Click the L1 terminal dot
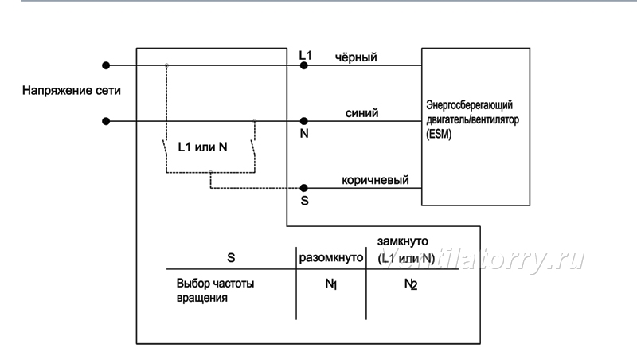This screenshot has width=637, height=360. pos(303,65)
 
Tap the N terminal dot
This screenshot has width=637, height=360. pos(303,121)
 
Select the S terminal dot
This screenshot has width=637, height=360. pos(303,188)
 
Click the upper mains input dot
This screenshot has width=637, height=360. pos(106,65)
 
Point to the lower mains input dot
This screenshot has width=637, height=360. pos(106,121)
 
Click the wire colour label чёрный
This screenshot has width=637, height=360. pos(356,57)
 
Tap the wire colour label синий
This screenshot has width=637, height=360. pos(361,113)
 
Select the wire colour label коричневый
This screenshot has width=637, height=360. pos(375,180)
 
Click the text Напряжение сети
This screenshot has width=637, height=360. pos(72,90)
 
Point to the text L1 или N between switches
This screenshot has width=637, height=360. pos(202,147)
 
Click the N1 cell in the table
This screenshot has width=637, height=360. pos(331,284)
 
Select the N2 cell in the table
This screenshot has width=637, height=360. pos(411,284)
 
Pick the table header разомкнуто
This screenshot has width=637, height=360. pos(331,258)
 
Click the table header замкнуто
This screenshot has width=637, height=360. pos(403,241)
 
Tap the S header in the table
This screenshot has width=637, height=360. pos(231,258)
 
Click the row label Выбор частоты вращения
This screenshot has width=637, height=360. pos(215,291)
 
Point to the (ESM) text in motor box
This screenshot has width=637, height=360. pos(439,134)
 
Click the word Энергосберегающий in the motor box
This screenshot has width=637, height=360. pos(469,105)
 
